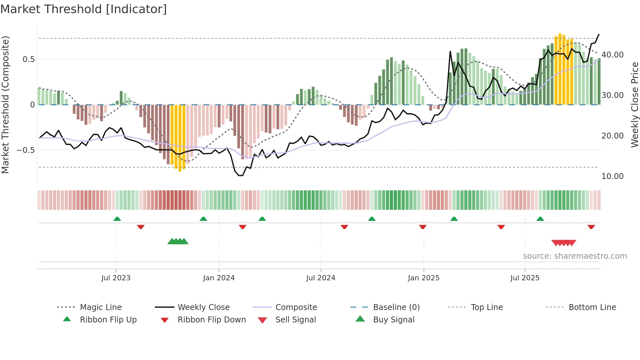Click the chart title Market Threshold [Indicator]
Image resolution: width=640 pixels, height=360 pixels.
coord(84,9)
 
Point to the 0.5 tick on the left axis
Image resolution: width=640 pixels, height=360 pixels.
coord(28,59)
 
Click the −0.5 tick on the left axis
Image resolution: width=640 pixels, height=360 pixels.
coord(26,150)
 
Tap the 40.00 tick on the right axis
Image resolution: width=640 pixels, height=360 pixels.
coord(612,55)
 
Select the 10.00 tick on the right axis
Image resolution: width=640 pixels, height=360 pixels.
coord(612,176)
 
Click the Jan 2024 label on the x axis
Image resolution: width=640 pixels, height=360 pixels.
coord(218,278)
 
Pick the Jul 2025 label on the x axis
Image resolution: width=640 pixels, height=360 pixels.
coord(525,278)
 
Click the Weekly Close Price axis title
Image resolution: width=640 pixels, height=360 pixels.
coord(634,105)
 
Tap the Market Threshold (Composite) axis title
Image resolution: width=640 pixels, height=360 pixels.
coord(6,105)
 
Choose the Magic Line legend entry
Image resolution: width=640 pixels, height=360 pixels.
coord(101,307)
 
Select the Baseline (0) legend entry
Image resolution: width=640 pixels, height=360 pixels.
coord(396,307)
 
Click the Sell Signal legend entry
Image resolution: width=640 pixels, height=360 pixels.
coord(296,320)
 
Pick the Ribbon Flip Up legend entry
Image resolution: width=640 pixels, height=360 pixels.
coord(108,320)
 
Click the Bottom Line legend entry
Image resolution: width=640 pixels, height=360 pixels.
coord(592,307)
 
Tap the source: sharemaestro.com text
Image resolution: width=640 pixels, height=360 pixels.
coord(575,256)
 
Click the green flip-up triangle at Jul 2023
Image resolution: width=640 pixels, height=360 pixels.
coord(117,219)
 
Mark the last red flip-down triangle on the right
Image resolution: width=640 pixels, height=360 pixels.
coord(591,227)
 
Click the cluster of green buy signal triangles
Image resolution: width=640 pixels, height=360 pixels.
coord(178,241)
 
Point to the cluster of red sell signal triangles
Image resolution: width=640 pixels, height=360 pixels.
coord(564,243)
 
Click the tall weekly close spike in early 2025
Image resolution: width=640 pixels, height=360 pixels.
coord(450,52)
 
